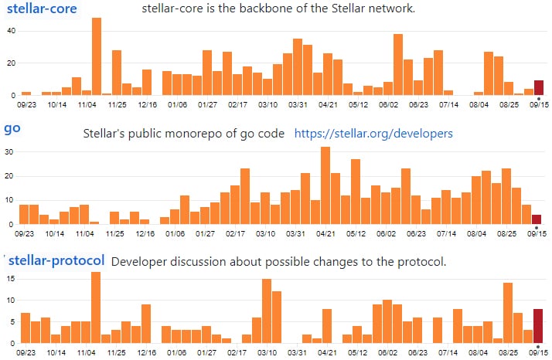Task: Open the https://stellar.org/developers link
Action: [x=373, y=134]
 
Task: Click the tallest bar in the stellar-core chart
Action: [x=97, y=56]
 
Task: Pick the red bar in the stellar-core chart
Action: [x=539, y=87]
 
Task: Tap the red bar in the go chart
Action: [x=537, y=219]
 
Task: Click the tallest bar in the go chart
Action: [x=325, y=185]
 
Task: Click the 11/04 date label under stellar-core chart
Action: [x=87, y=103]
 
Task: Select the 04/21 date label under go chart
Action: [x=325, y=232]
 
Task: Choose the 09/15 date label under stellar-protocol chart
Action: [x=537, y=352]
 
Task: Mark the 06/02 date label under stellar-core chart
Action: [x=387, y=103]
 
